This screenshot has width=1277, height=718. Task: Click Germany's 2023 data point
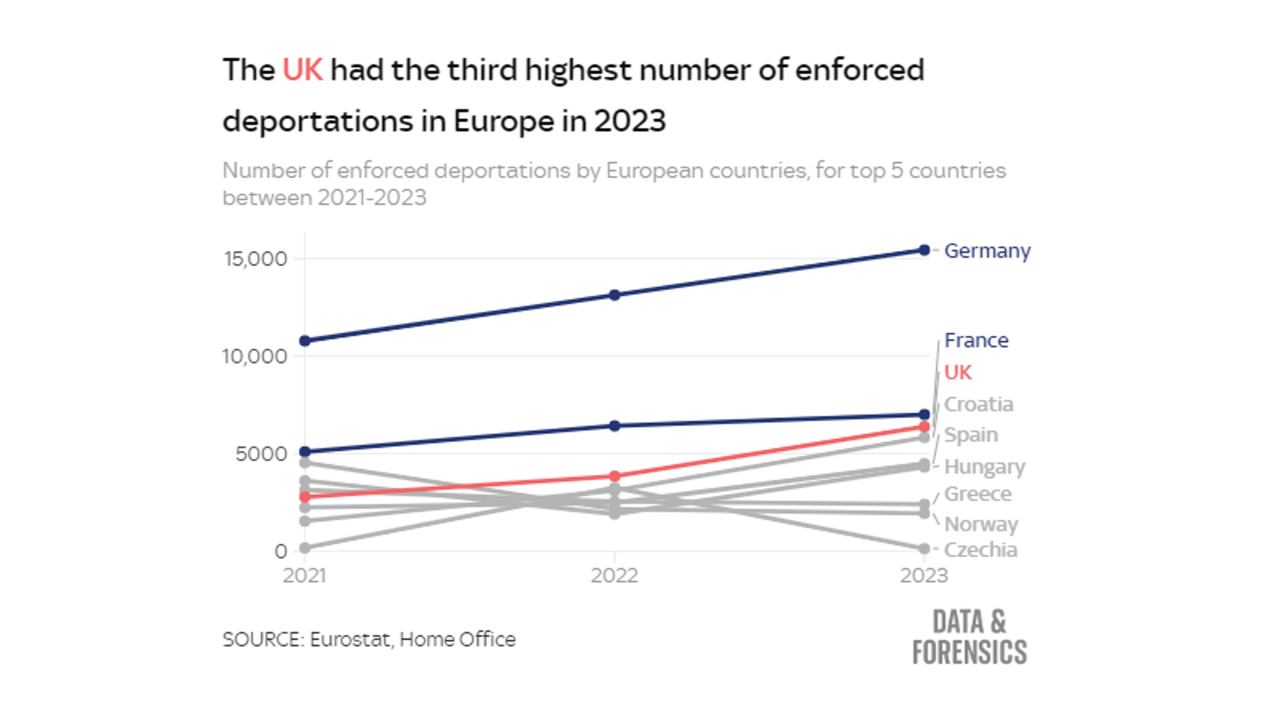click(x=924, y=250)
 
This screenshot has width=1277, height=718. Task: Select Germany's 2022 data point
click(x=614, y=295)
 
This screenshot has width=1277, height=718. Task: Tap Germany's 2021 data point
click(x=305, y=341)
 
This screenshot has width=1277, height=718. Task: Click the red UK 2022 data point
click(x=614, y=476)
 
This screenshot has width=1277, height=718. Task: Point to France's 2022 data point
click(x=614, y=426)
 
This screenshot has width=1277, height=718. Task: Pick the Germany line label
click(x=987, y=251)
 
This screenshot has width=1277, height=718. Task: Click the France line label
click(x=976, y=340)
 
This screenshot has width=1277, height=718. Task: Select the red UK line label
click(x=958, y=372)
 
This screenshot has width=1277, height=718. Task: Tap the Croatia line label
click(x=978, y=404)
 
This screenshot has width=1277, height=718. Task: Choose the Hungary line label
click(x=985, y=466)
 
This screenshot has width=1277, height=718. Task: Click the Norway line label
click(x=981, y=524)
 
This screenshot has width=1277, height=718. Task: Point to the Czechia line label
click(x=980, y=550)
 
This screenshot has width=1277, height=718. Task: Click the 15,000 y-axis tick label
click(x=256, y=259)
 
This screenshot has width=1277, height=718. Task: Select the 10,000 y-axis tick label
click(x=254, y=357)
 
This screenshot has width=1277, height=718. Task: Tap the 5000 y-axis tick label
click(x=261, y=454)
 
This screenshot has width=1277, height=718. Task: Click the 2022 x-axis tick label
click(x=614, y=575)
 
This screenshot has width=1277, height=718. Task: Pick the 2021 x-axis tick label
click(x=304, y=575)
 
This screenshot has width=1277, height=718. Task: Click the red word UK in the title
click(x=302, y=69)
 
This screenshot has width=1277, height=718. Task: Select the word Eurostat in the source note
click(x=350, y=639)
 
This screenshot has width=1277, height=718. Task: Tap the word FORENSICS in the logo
click(x=969, y=652)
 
